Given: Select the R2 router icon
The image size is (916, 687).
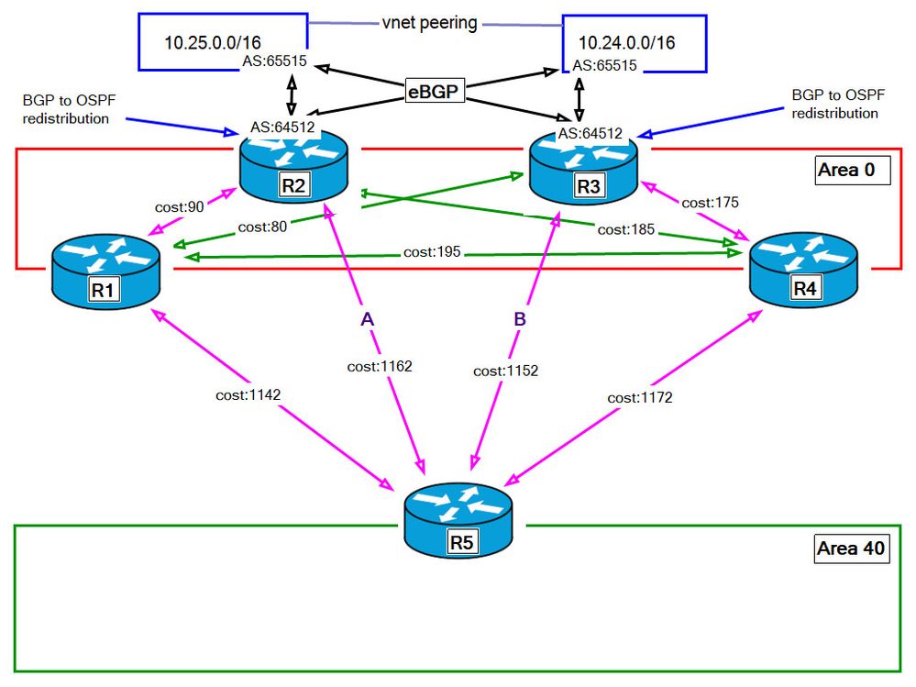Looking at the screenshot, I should point(293,162).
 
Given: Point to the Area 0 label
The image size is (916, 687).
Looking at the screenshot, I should point(852,172).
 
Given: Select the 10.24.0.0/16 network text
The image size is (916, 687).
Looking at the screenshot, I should point(629,42).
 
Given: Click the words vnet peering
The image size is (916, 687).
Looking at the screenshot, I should point(430,24).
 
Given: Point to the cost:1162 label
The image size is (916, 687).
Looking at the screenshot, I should point(380,366).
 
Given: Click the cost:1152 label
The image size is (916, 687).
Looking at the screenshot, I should point(505,371).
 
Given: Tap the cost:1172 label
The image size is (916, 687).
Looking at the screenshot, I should point(640,399).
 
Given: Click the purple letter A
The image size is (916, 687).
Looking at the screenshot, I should point(367,319).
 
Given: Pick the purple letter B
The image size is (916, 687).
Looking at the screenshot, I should point(518,319).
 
